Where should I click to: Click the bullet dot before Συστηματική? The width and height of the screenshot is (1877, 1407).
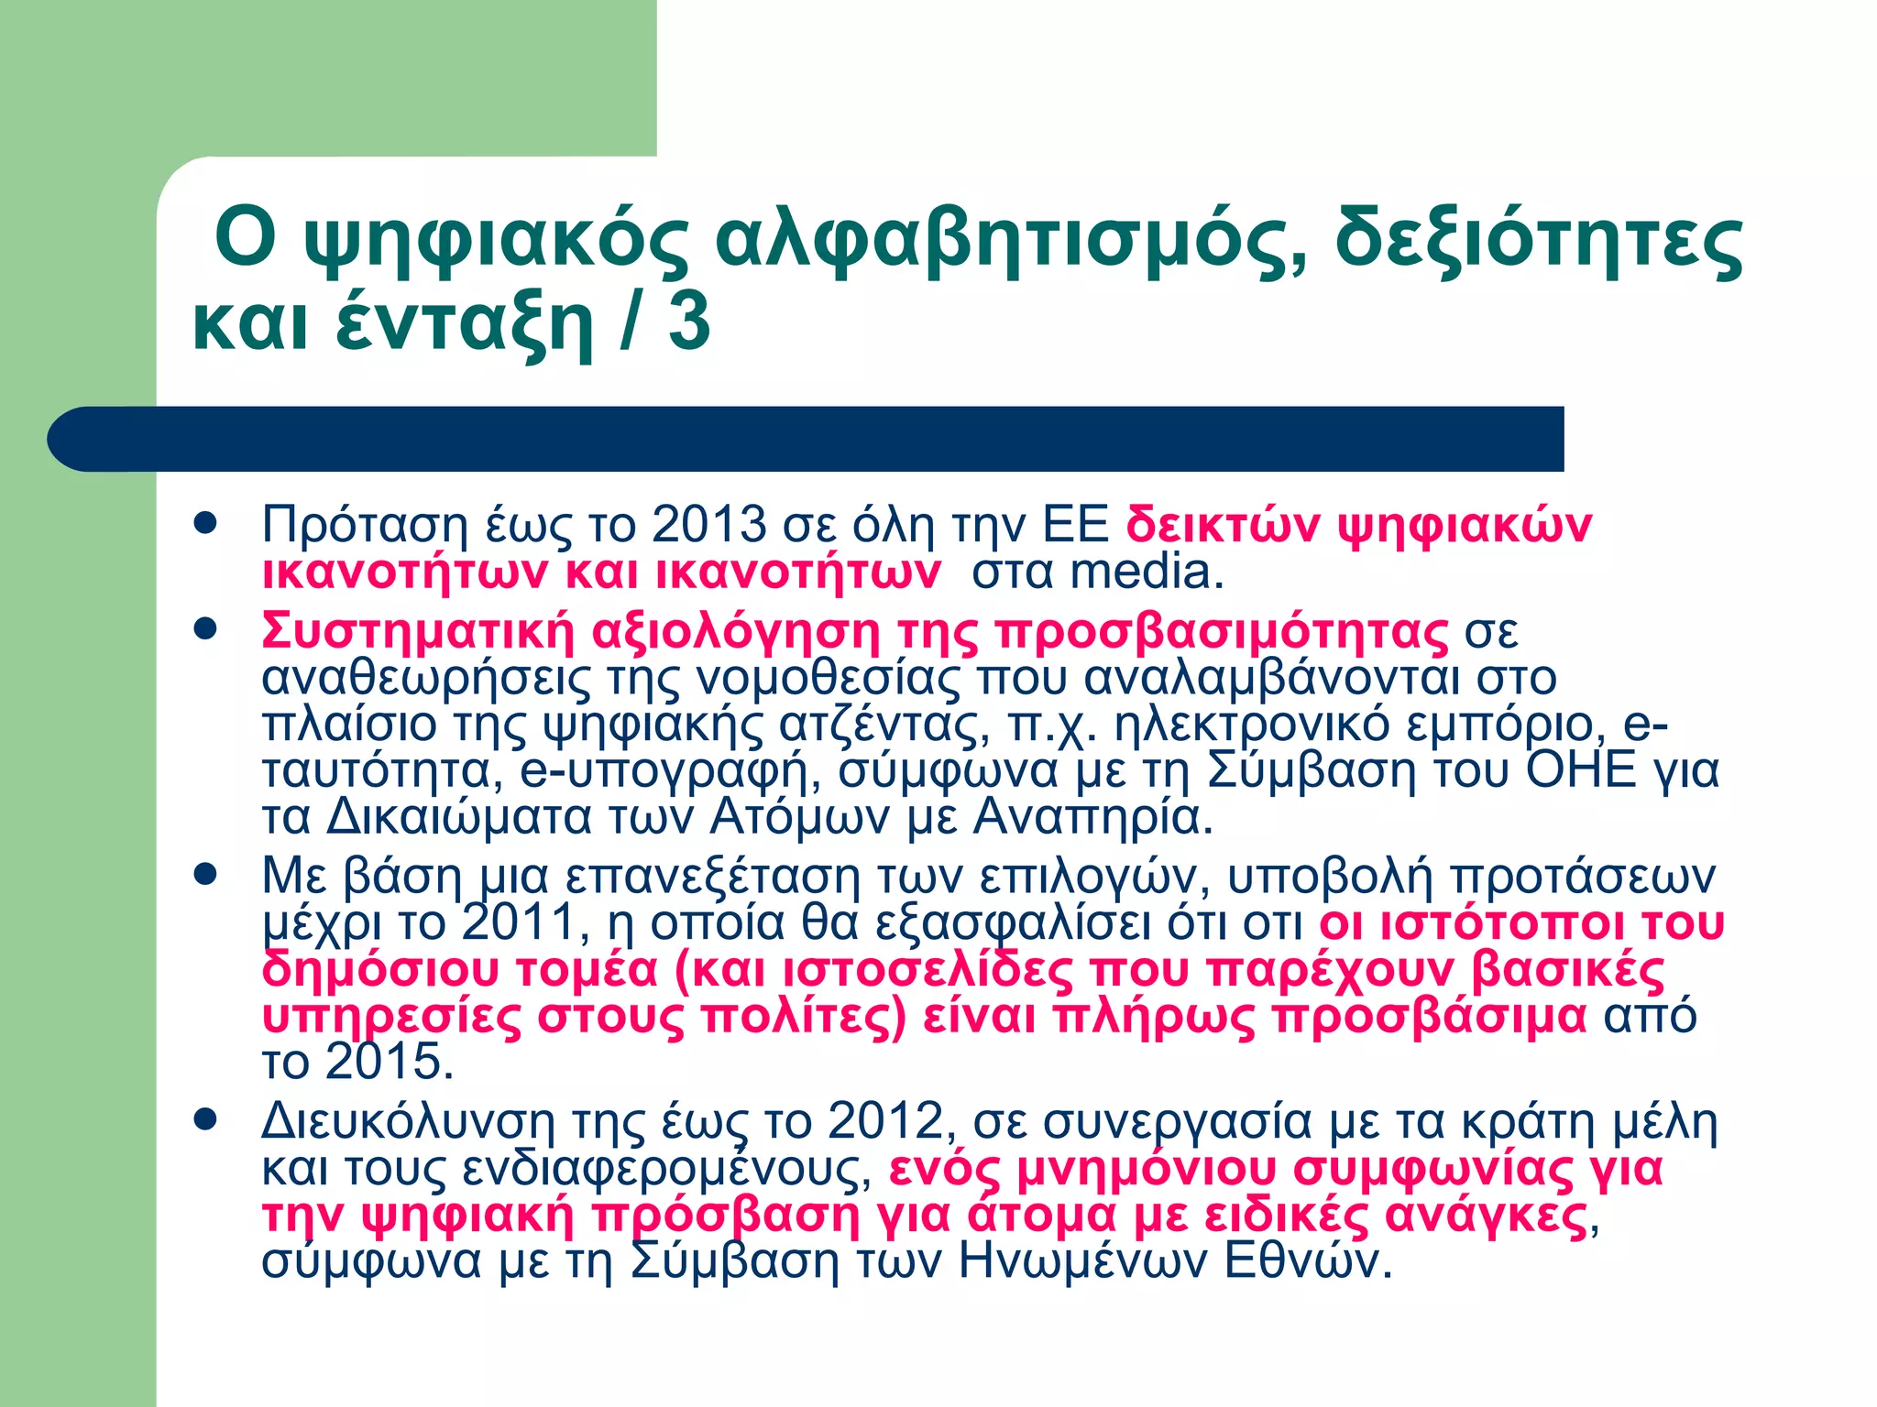click(x=205, y=630)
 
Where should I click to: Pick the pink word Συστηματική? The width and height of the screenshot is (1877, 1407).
click(x=418, y=631)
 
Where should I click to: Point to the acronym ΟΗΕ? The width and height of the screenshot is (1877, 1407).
click(x=1581, y=769)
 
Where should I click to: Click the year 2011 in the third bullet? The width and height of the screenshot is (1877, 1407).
click(x=519, y=922)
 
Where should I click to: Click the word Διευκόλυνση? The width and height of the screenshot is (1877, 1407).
click(x=408, y=1121)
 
